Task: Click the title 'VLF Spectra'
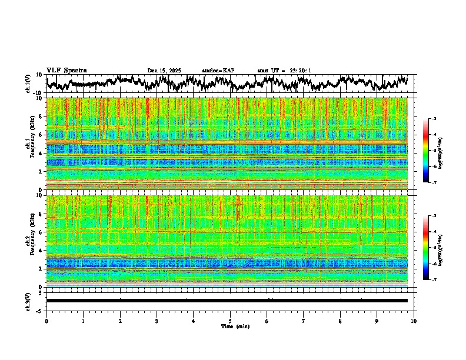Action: (66, 70)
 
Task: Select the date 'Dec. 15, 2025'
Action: (165, 71)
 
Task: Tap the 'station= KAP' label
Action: (218, 71)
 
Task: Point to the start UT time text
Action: (284, 71)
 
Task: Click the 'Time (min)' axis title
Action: (230, 326)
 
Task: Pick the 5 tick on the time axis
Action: (230, 321)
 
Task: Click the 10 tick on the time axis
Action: (414, 321)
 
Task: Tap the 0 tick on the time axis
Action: (46, 321)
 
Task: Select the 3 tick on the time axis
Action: (157, 321)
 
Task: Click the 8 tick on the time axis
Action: (340, 321)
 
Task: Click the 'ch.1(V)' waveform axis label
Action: (28, 84)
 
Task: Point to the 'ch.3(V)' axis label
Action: (28, 301)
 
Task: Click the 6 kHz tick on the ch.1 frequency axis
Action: (42, 135)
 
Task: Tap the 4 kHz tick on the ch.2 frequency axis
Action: (42, 250)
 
